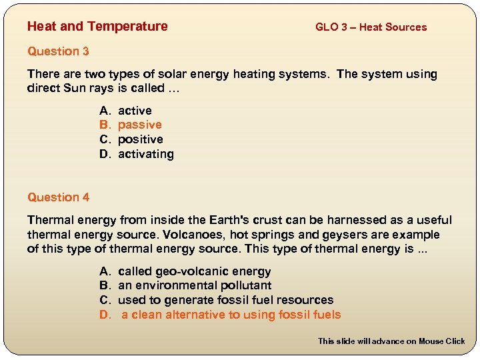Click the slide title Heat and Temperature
(x=97, y=27)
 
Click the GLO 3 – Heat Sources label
(x=371, y=27)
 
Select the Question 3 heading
(x=58, y=51)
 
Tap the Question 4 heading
(x=58, y=197)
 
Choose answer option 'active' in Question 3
(x=135, y=111)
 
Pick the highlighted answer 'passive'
(x=139, y=125)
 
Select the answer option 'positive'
(x=140, y=139)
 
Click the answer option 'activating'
(x=145, y=154)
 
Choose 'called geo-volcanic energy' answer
(x=194, y=271)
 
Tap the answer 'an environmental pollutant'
(x=195, y=286)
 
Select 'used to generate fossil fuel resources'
(x=225, y=300)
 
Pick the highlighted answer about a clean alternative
(x=231, y=315)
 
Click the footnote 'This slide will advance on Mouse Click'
(x=391, y=341)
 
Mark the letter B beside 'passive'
(x=104, y=125)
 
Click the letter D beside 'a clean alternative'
(x=104, y=315)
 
